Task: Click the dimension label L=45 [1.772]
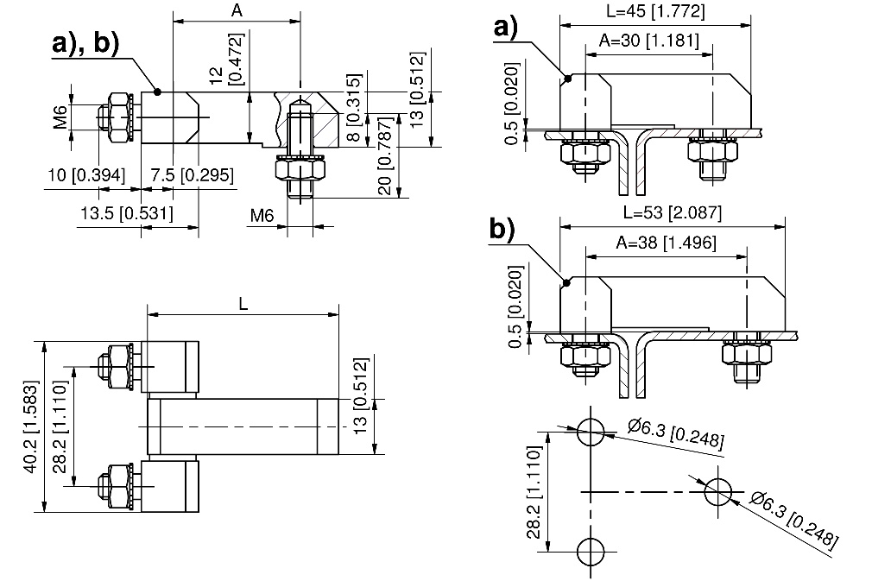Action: pyautogui.click(x=655, y=11)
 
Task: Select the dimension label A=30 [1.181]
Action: pyautogui.click(x=649, y=41)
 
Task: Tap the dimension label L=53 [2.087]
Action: pyautogui.click(x=673, y=213)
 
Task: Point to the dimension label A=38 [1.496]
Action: pyautogui.click(x=667, y=243)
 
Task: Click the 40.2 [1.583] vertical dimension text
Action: pyautogui.click(x=31, y=426)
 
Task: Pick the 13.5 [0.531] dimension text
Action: pyautogui.click(x=127, y=213)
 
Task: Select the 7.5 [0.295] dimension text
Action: pyautogui.click(x=192, y=175)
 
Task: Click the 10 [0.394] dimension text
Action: pyautogui.click(x=86, y=175)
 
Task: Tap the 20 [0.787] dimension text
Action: pyautogui.click(x=385, y=155)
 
